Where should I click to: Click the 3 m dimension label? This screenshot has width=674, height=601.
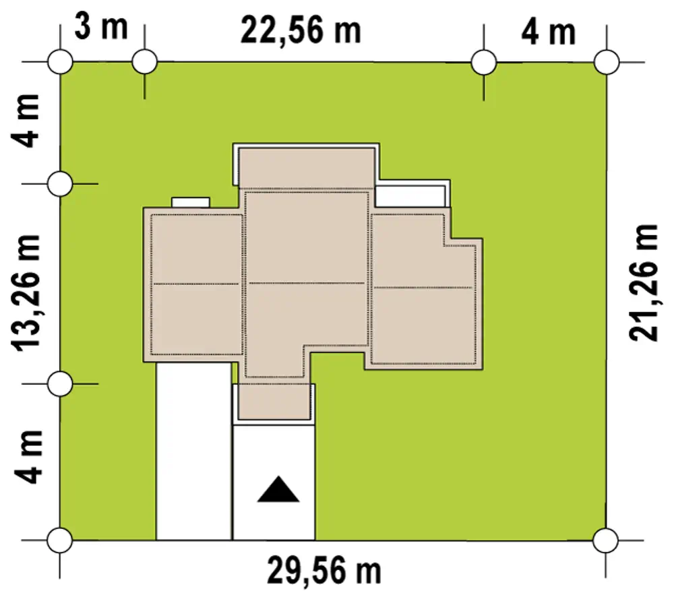102,27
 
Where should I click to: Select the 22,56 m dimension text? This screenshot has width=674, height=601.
301,30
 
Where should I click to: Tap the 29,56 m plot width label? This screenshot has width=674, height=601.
324,571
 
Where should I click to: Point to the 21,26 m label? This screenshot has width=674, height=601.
644,283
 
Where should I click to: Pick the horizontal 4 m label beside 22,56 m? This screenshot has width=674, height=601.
549,32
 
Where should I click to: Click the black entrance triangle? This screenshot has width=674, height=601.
278,489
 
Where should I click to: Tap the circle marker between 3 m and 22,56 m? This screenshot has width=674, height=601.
144,62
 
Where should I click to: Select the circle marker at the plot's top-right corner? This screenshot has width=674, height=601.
606,62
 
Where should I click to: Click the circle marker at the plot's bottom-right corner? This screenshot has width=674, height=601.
606,540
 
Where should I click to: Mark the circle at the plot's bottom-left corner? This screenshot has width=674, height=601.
60,540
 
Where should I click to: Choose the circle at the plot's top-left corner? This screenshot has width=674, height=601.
60,62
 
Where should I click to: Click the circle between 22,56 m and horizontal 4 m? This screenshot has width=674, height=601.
484,62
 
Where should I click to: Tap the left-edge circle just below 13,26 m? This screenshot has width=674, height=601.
60,384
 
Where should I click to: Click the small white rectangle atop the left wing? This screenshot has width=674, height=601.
191,202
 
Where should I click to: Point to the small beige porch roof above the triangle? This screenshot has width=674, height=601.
274,402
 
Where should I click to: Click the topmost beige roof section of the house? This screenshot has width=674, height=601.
307,168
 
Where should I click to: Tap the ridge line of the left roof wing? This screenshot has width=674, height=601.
196,284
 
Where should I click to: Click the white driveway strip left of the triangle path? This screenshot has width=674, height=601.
194,451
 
